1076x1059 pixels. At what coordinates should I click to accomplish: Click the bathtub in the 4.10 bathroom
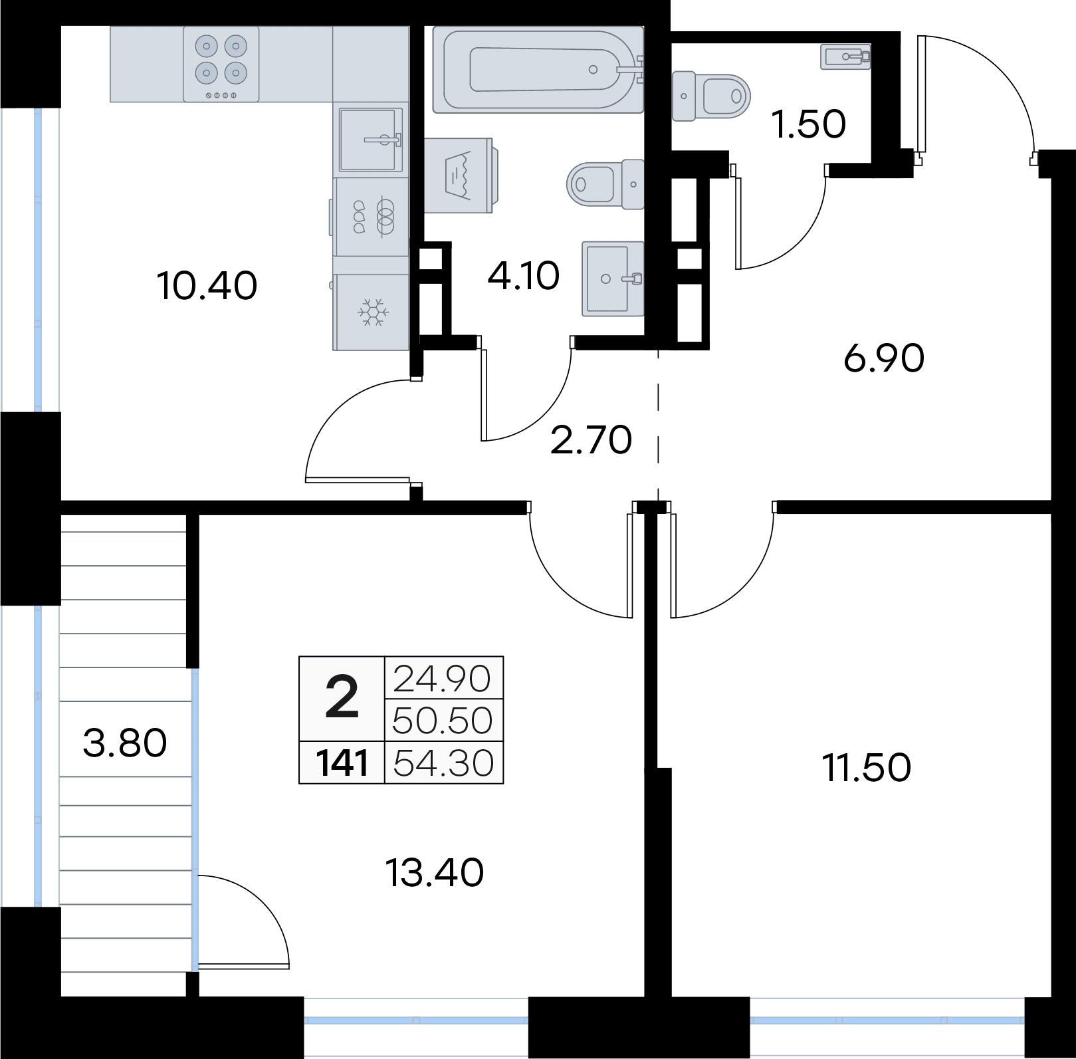point(538,69)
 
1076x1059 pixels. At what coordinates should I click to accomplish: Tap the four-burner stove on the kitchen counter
point(221,64)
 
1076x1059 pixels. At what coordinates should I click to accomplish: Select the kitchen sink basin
point(371,139)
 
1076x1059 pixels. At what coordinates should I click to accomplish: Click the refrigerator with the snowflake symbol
point(371,312)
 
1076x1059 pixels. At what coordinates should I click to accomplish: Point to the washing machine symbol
point(461,176)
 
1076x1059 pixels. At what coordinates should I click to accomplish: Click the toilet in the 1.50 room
point(710,97)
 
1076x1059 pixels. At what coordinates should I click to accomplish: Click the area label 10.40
point(207,287)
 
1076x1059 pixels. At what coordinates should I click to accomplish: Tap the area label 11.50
point(867,768)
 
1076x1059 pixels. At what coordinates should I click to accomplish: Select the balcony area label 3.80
point(125,743)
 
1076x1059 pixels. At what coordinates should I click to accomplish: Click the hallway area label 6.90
point(884,360)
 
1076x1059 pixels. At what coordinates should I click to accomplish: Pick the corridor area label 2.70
point(591,441)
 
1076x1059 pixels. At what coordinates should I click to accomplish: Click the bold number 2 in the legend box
point(342,697)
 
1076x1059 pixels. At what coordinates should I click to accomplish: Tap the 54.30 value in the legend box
point(444,763)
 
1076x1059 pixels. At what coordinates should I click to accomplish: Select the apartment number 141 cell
point(342,763)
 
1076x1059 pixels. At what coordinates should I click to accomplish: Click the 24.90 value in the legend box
point(443,679)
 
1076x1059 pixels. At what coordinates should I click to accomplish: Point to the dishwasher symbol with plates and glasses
point(371,217)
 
